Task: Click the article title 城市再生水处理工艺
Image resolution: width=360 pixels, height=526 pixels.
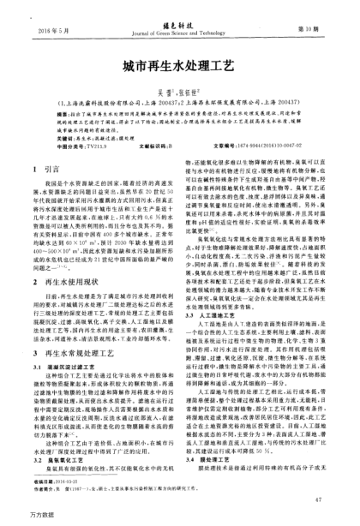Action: coord(180,65)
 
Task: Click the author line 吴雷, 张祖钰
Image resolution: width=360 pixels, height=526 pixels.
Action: coord(180,90)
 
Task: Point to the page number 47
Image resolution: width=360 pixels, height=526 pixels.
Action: coord(317,496)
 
